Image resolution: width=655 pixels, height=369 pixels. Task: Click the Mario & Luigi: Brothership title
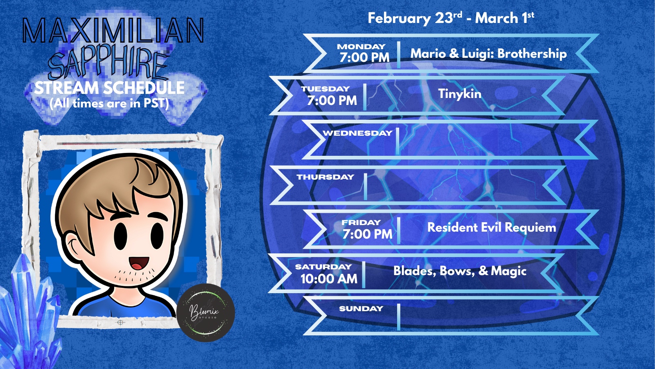[488, 54]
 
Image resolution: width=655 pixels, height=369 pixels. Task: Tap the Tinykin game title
[460, 94]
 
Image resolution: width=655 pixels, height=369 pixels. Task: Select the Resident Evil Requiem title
[492, 228]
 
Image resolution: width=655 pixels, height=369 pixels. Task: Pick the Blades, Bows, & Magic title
[460, 271]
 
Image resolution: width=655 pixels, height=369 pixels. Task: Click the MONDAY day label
[361, 47]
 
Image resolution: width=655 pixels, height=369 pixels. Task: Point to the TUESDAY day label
[325, 89]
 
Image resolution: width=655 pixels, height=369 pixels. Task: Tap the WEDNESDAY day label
[357, 133]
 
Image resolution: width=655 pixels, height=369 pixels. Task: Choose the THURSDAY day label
[325, 177]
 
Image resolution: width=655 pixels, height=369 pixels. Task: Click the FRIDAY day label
[361, 222]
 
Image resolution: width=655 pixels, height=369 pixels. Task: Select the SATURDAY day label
[323, 266]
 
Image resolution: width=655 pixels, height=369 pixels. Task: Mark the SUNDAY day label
[361, 308]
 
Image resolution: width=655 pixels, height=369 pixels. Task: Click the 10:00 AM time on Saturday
[329, 279]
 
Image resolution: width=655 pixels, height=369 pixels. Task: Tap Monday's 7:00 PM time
[364, 57]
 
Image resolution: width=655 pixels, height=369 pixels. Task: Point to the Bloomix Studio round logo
[206, 312]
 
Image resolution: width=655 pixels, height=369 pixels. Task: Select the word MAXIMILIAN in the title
[113, 30]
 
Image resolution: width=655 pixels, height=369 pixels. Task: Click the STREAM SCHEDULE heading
[109, 88]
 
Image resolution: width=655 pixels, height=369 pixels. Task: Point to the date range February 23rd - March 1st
[451, 18]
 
